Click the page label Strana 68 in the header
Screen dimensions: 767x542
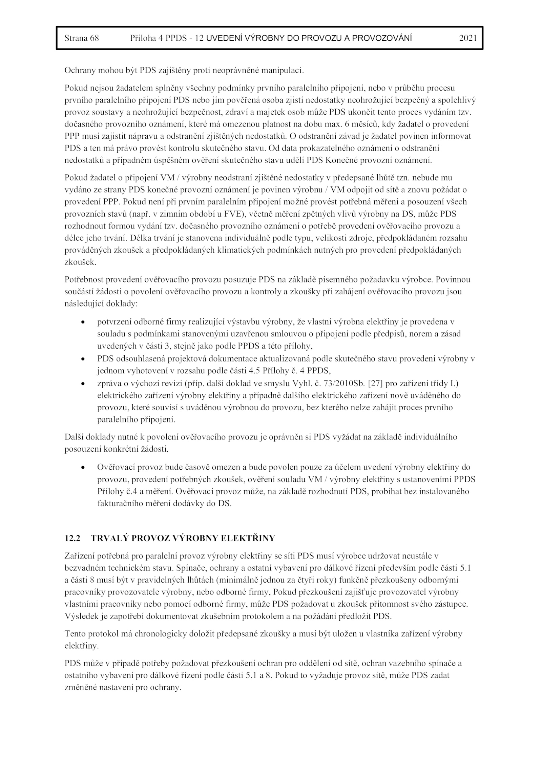coord(82,38)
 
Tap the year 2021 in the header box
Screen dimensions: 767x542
coord(468,38)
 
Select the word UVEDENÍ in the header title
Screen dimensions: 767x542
coord(222,38)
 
